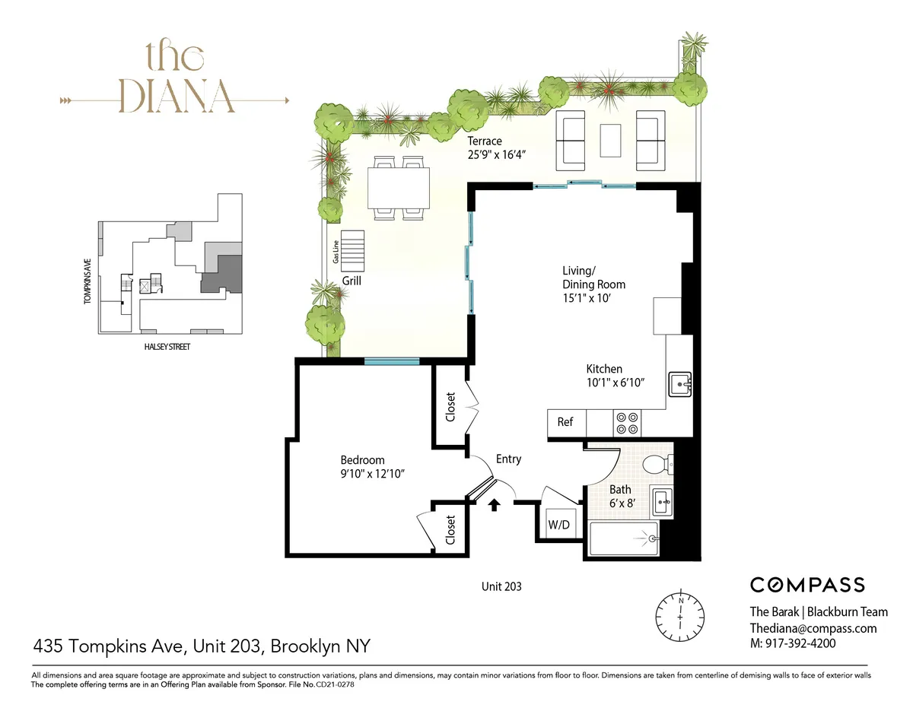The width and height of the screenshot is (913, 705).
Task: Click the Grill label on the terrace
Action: [351, 281]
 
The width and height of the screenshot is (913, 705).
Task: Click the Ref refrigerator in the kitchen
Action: [565, 422]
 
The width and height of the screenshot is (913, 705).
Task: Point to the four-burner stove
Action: [628, 423]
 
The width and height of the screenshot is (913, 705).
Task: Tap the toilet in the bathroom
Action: [657, 463]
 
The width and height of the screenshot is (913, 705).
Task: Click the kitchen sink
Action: [680, 384]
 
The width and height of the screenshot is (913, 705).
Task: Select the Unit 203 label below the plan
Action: [501, 586]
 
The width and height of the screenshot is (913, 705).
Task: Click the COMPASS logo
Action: [807, 585]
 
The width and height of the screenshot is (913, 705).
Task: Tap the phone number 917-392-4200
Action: [813, 643]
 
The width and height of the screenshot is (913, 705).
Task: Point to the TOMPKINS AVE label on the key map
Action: [88, 280]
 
